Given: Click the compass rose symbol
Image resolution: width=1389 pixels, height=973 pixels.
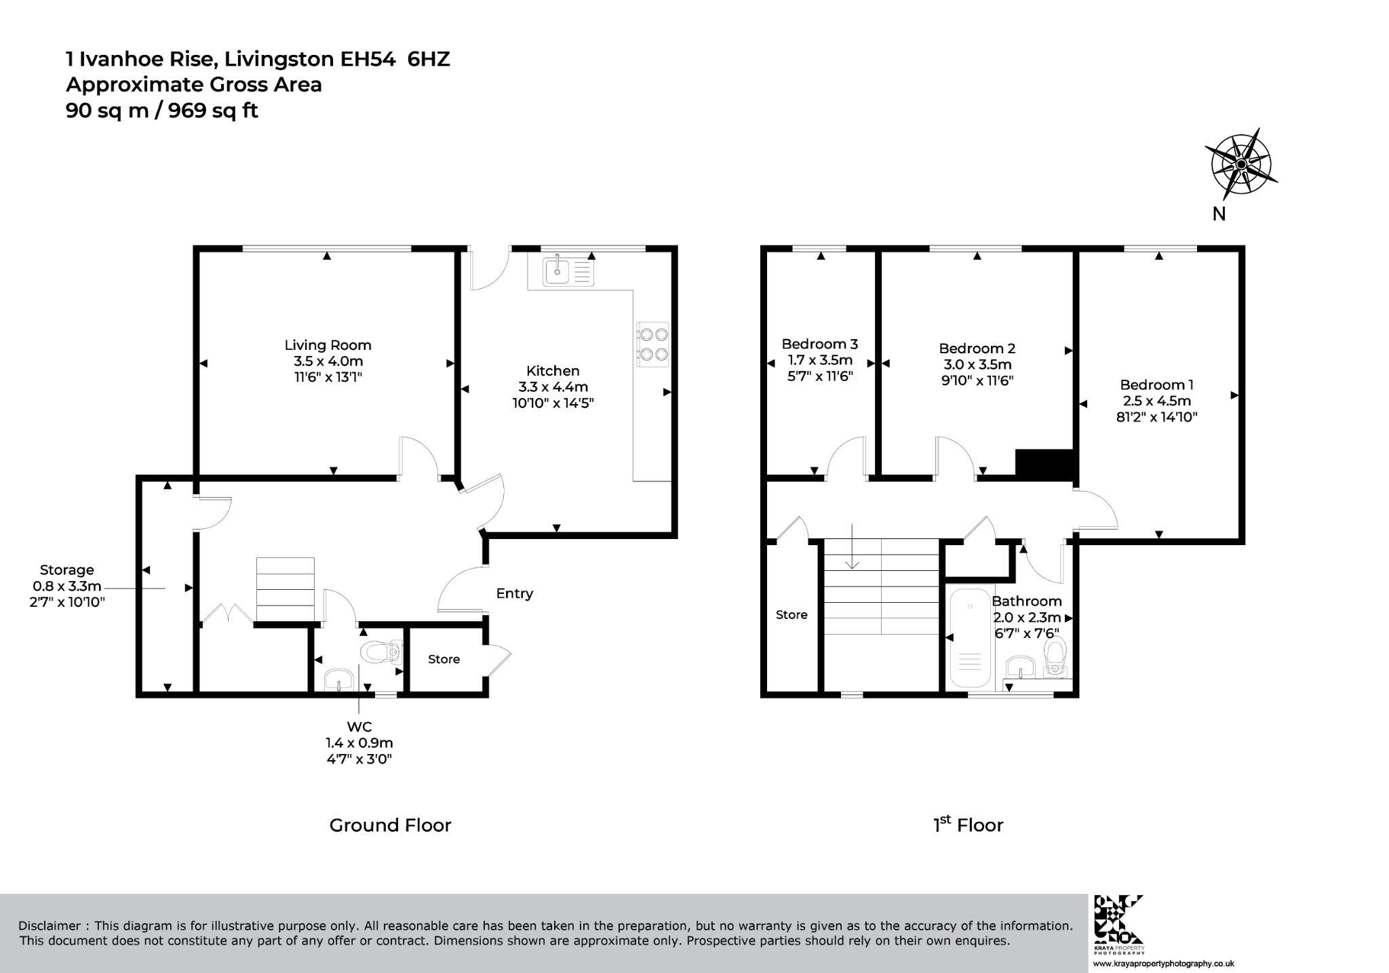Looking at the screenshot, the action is click(x=1240, y=163).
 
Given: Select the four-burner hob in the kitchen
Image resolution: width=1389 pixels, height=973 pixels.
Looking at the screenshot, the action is click(x=652, y=344).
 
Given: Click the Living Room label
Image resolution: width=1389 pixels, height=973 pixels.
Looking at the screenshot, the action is click(x=328, y=345).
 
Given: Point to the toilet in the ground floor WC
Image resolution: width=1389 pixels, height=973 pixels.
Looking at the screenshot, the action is click(x=383, y=653).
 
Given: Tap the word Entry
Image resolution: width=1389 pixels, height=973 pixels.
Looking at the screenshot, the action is click(x=514, y=593).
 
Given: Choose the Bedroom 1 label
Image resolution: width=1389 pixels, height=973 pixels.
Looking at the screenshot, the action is click(x=1156, y=384).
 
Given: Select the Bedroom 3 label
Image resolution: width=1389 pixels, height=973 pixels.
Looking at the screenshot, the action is click(x=820, y=344).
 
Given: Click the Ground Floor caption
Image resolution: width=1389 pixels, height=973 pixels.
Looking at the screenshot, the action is click(x=390, y=825).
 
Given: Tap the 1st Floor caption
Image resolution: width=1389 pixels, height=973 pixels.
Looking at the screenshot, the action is click(x=968, y=825).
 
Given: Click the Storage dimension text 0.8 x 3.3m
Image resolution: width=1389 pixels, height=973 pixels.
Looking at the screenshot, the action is click(x=67, y=586).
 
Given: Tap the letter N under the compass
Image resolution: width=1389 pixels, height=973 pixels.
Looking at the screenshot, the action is click(x=1219, y=214).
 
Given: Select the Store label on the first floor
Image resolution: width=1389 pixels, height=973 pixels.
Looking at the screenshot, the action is click(x=791, y=615).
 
